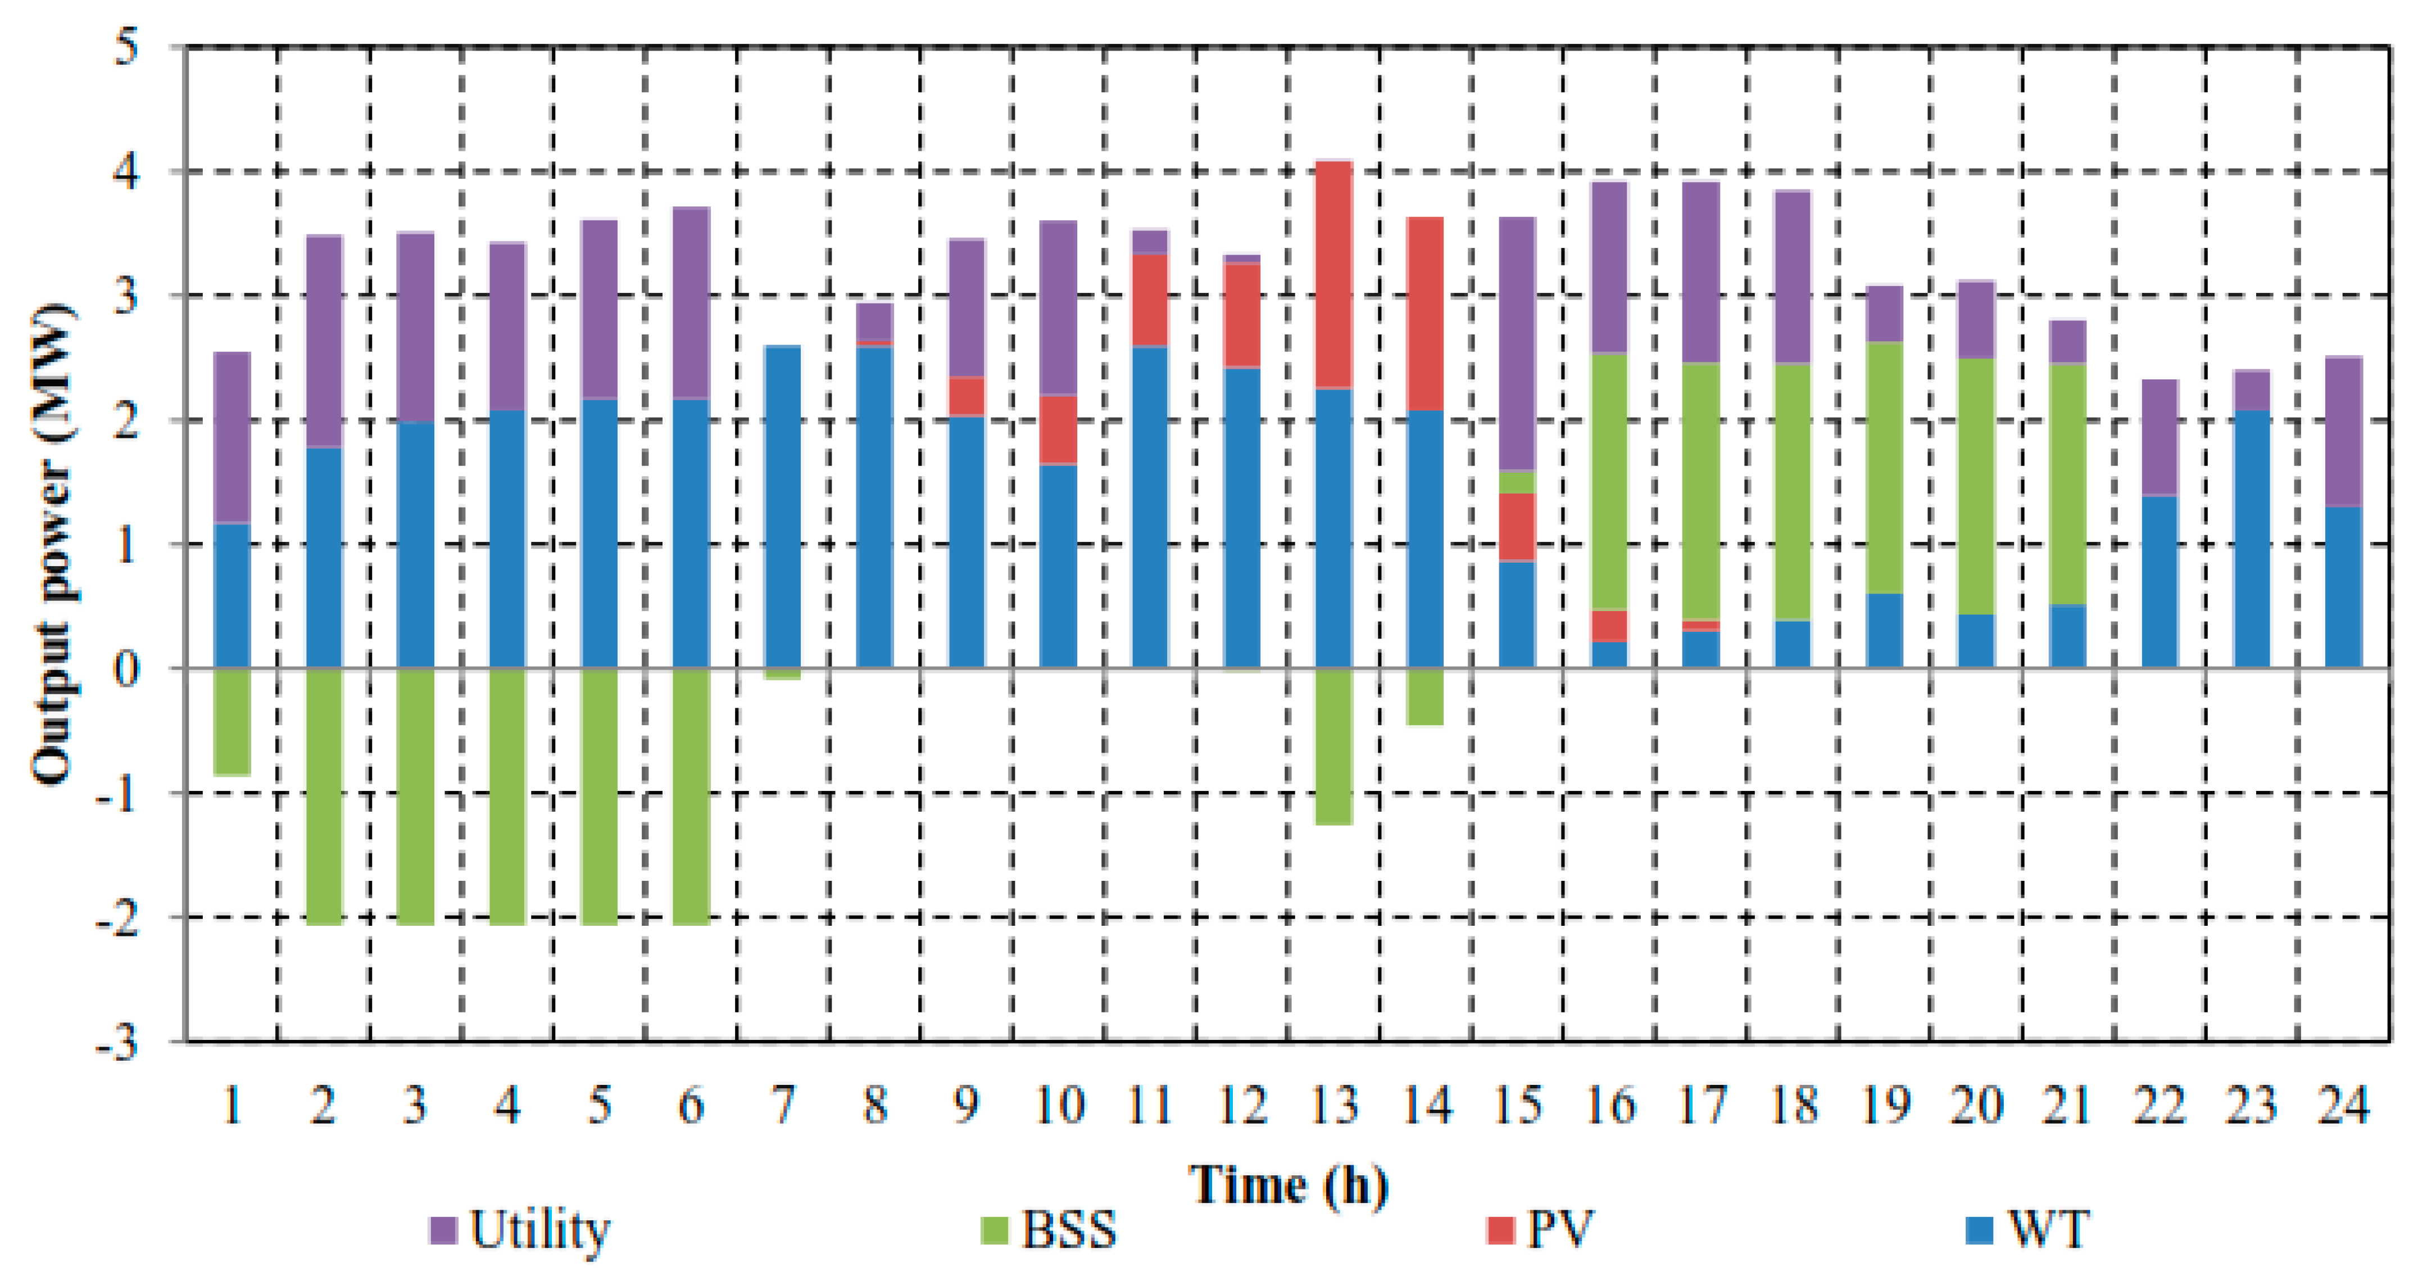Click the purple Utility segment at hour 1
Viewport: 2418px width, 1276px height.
click(x=232, y=437)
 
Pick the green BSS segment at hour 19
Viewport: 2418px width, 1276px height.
click(x=1884, y=468)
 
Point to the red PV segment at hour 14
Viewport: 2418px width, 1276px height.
click(x=1425, y=314)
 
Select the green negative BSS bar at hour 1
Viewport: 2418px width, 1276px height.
click(x=232, y=721)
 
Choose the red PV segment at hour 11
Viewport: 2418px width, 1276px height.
click(x=1150, y=301)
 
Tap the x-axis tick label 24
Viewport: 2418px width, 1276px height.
click(x=2343, y=1105)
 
